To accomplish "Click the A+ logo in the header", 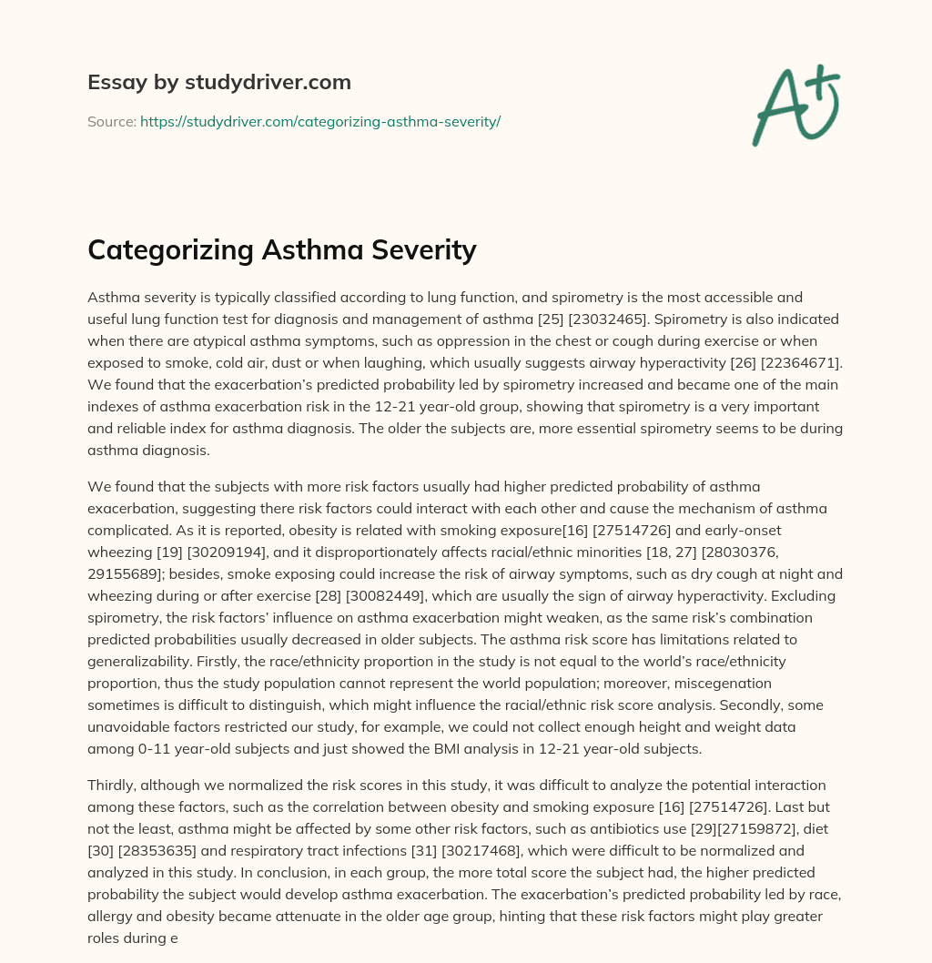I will click(795, 105).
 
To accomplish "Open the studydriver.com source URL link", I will click(320, 121).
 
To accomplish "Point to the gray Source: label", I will click(111, 121).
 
